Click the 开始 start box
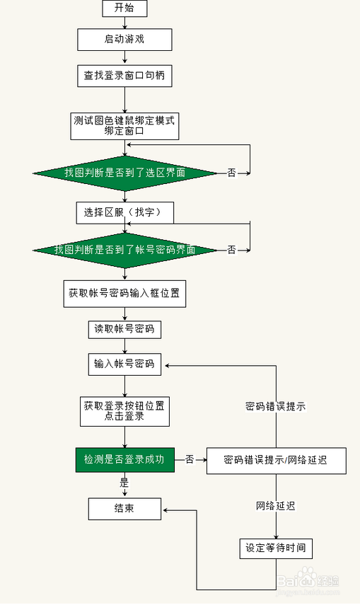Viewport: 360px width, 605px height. [x=124, y=8]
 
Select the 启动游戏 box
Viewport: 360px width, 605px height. [x=124, y=39]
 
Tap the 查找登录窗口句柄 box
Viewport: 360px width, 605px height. [x=124, y=75]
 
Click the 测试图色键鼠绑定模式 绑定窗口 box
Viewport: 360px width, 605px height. [x=124, y=125]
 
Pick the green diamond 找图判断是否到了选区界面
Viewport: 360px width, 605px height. [x=124, y=173]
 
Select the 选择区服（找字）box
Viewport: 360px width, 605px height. [x=124, y=212]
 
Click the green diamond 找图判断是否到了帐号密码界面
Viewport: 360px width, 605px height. [x=124, y=250]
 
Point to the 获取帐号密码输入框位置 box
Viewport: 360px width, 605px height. [x=124, y=294]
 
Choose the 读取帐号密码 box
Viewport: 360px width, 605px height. [x=124, y=329]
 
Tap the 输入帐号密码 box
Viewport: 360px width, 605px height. [x=124, y=365]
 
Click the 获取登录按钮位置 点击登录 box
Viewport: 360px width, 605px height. [x=124, y=411]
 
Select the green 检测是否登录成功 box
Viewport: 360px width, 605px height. [x=124, y=460]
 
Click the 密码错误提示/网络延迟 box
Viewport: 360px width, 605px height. [x=275, y=460]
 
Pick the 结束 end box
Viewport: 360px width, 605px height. [x=124, y=508]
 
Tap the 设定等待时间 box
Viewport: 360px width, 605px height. [x=275, y=548]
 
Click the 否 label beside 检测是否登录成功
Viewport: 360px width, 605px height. [x=190, y=460]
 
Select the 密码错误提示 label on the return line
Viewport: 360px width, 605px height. [x=275, y=407]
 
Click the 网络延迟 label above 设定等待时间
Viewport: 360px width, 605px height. [x=275, y=506]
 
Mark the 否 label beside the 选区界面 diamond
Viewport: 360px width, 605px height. [x=231, y=173]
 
